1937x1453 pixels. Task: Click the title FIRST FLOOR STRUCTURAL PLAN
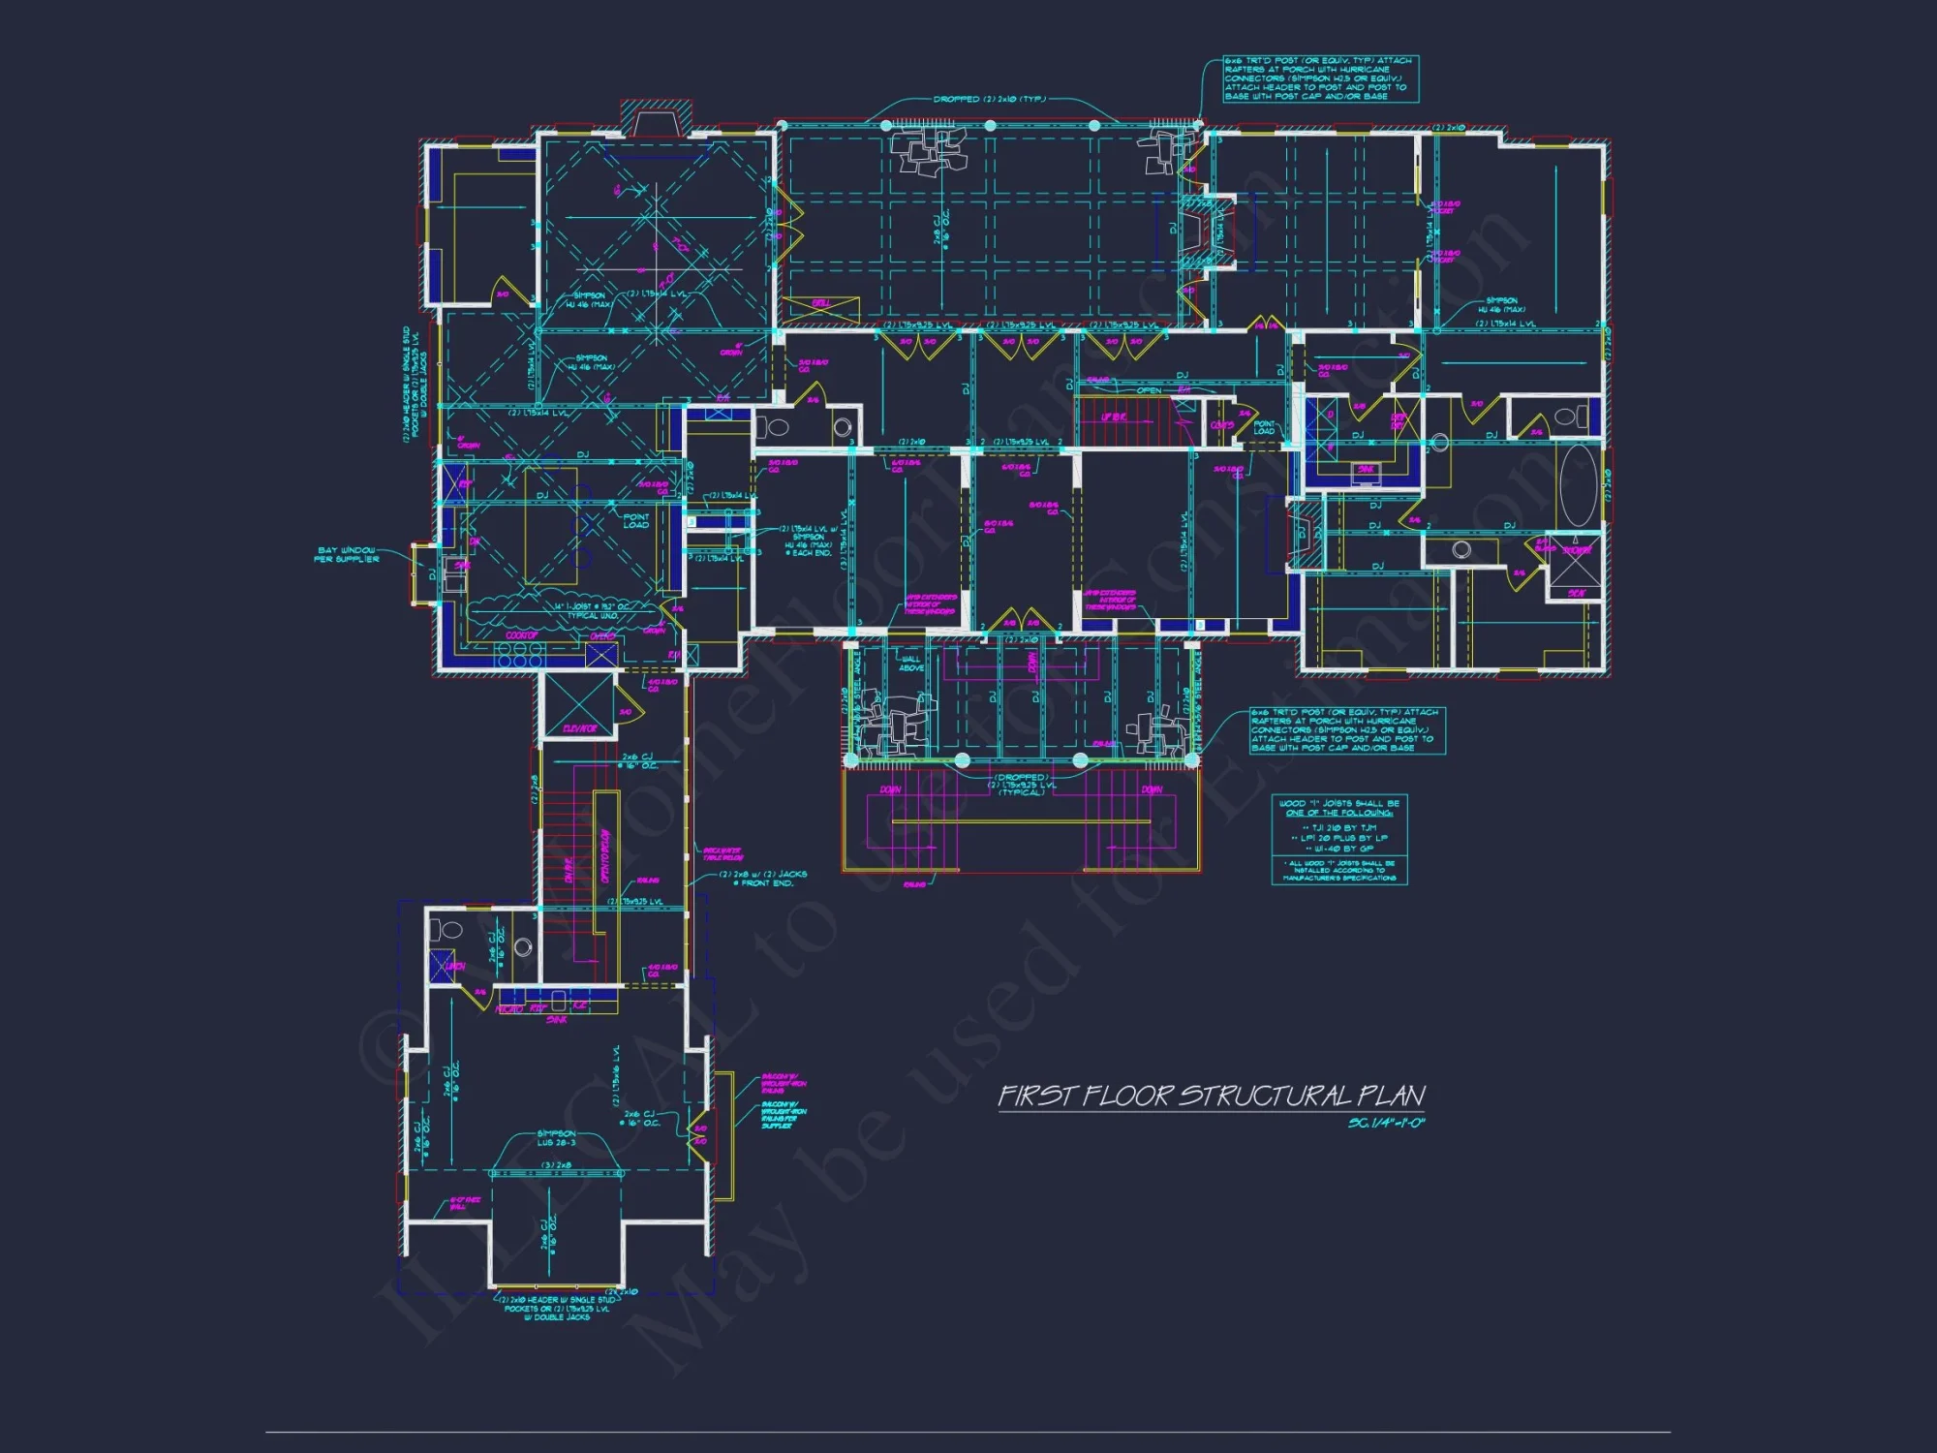coord(1211,1096)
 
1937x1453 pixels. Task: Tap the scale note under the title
coord(1386,1124)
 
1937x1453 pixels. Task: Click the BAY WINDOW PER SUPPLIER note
coord(347,554)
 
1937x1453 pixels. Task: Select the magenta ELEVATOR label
coord(579,728)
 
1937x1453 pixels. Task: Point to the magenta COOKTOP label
coord(521,635)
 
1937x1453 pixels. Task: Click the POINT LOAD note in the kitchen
coord(635,521)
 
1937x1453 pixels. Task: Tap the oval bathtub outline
coord(1577,485)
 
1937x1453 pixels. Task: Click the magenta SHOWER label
coord(1576,550)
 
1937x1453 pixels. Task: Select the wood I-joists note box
coord(1338,840)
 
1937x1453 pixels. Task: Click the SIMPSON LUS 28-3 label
coord(556,1137)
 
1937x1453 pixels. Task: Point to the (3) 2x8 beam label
coord(556,1165)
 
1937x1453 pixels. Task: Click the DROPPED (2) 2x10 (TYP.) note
coord(988,99)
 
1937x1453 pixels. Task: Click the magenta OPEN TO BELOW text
coord(605,856)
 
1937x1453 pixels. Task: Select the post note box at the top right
coord(1320,78)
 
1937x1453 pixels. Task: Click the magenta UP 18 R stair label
coord(1113,417)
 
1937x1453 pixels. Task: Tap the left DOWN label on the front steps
coord(890,789)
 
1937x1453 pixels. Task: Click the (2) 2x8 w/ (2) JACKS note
coord(762,879)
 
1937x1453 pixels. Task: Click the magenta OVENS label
coord(602,636)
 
